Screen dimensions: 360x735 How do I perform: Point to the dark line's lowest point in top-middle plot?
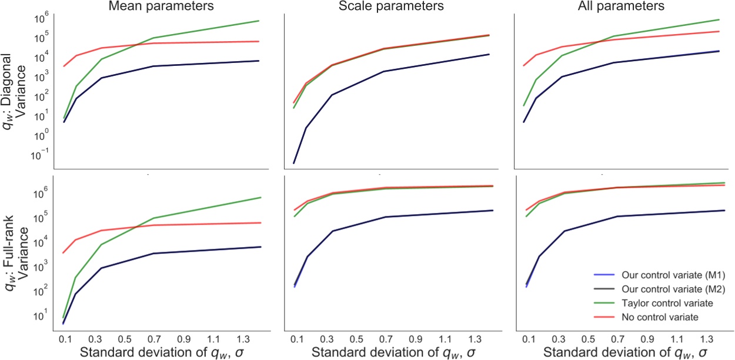click(294, 163)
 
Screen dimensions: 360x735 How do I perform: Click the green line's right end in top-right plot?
click(720, 19)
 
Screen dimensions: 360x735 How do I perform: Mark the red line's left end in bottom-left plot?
click(64, 253)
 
